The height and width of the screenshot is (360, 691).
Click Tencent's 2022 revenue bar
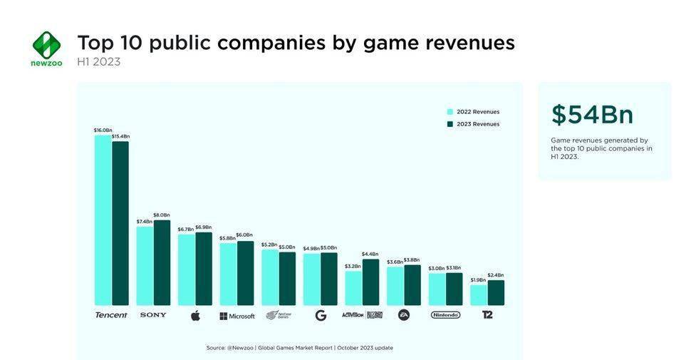click(x=103, y=220)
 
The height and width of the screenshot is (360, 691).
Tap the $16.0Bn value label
click(x=103, y=130)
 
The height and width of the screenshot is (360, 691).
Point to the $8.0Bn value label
click(x=162, y=215)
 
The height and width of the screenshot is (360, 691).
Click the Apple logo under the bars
click(x=195, y=315)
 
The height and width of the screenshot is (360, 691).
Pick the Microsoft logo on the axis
click(x=237, y=316)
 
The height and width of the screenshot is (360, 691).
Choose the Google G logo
click(x=321, y=315)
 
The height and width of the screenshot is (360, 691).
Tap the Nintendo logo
click(x=445, y=314)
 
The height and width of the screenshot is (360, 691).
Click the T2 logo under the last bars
click(x=487, y=314)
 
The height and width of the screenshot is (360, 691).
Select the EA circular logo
click(x=404, y=314)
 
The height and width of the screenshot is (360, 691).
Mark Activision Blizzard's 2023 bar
click(x=370, y=282)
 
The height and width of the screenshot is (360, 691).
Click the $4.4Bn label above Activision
click(x=370, y=254)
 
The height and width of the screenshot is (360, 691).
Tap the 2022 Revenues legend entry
click(x=473, y=112)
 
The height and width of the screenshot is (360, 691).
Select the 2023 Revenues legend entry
click(x=473, y=124)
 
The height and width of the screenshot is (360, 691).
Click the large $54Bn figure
click(x=592, y=115)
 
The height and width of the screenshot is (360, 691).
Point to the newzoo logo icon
click(x=46, y=44)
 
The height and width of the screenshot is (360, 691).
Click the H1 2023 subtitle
click(x=98, y=62)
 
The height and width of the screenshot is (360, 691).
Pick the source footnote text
click(x=299, y=348)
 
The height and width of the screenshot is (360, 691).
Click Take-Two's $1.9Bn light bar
click(x=478, y=295)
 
